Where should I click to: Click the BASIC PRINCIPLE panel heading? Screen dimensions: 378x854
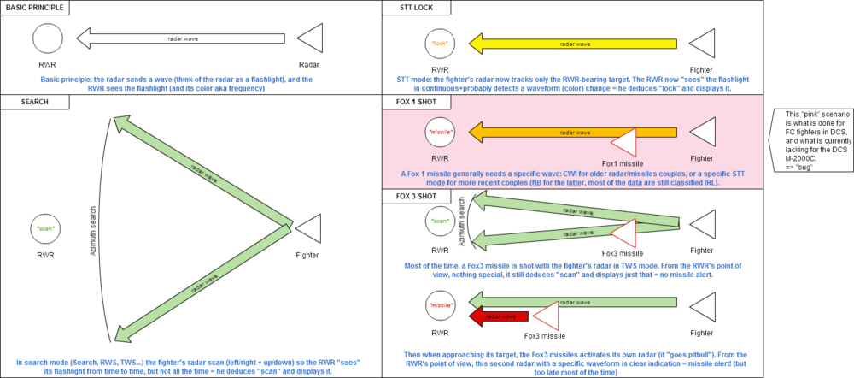(x=34, y=7)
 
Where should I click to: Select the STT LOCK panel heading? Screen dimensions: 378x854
(x=413, y=7)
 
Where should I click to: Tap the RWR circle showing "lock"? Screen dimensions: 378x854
(x=440, y=42)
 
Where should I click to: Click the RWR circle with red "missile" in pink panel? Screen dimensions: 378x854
(x=440, y=133)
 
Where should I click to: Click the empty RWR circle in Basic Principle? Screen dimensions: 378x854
(x=48, y=38)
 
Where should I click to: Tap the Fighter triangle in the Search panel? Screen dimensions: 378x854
(x=307, y=230)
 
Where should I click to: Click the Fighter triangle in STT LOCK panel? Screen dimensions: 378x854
(x=701, y=42)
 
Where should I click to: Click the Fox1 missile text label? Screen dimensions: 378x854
(x=621, y=162)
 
